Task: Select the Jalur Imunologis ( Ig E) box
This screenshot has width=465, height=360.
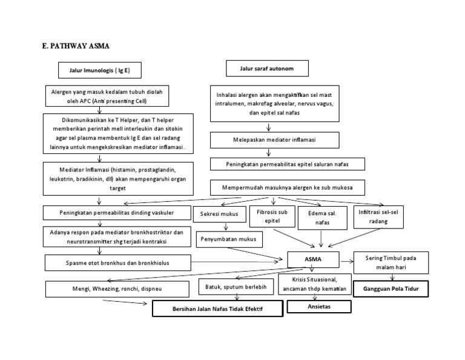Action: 100,72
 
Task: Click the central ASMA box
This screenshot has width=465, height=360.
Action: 313,260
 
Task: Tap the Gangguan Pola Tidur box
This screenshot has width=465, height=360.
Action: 391,290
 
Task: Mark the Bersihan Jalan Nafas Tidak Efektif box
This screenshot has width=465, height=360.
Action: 217,309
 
